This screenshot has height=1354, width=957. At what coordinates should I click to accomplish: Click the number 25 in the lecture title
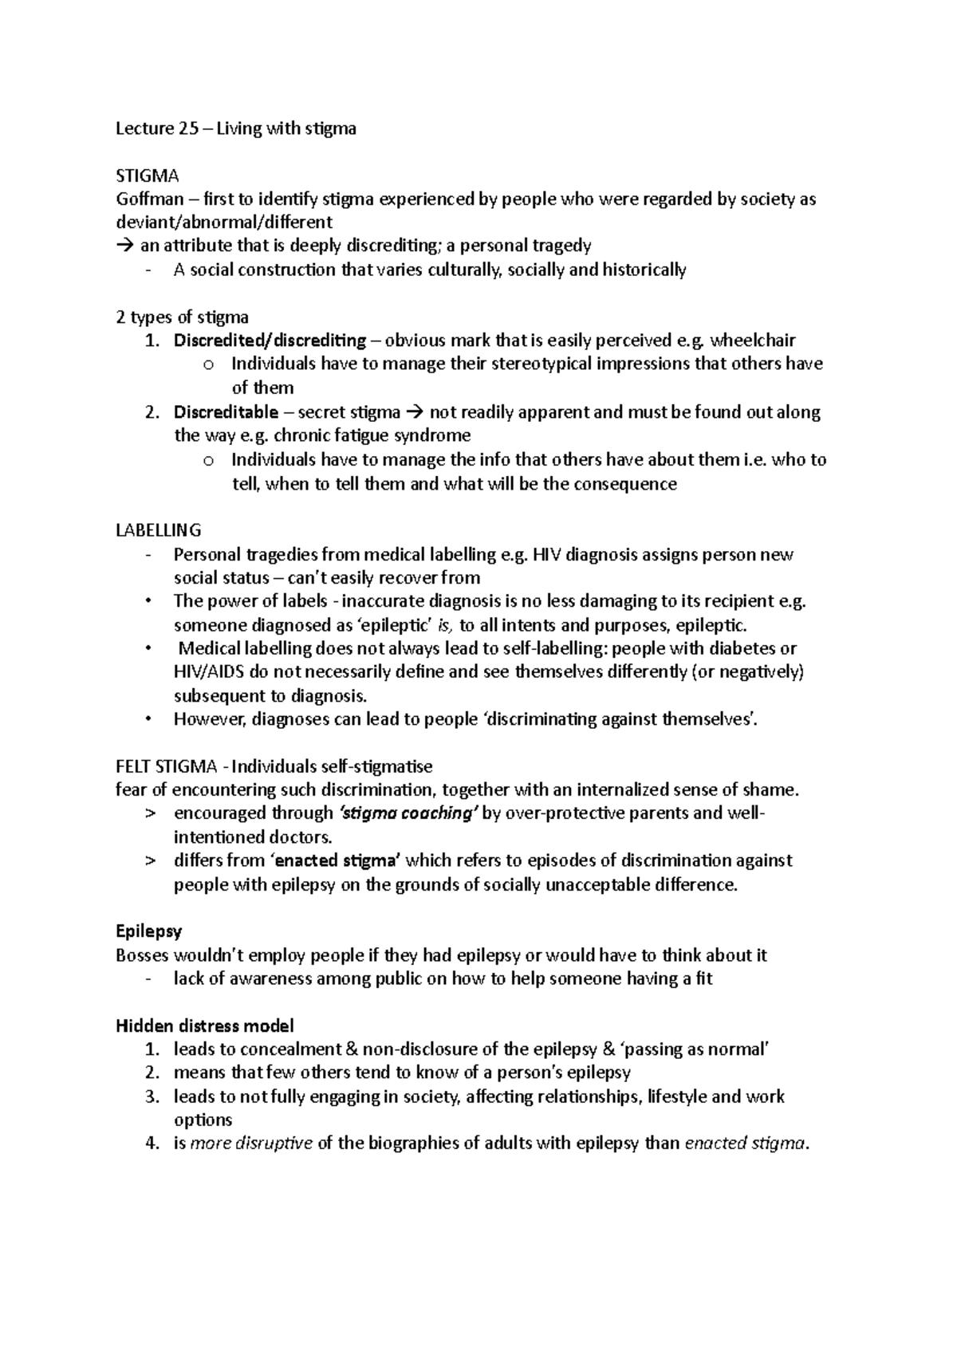pyautogui.click(x=188, y=128)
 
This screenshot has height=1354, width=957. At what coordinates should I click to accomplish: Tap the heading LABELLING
pyautogui.click(x=158, y=530)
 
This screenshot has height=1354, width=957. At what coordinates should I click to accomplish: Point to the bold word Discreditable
pyautogui.click(x=226, y=413)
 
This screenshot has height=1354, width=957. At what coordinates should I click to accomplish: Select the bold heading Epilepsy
pyautogui.click(x=149, y=931)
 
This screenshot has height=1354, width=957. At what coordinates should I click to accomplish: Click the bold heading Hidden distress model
pyautogui.click(x=205, y=1025)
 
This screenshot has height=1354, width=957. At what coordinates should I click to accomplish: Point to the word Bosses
pyautogui.click(x=142, y=955)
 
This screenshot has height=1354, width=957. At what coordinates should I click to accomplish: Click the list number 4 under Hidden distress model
pyautogui.click(x=152, y=1144)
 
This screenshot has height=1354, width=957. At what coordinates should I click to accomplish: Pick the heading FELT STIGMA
pyautogui.click(x=166, y=767)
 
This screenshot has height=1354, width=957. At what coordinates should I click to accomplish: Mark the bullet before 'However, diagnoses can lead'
pyautogui.click(x=149, y=720)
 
